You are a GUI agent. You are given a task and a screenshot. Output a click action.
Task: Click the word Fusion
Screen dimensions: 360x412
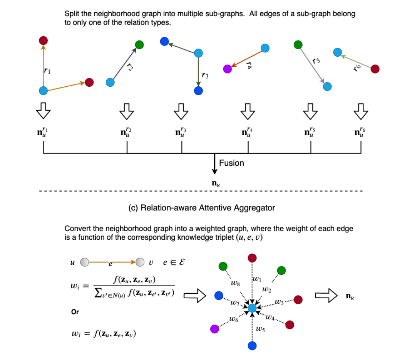(x=231, y=163)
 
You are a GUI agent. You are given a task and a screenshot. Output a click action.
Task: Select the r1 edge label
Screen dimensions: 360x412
(x=47, y=71)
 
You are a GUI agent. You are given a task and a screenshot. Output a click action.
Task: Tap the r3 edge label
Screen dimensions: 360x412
(x=205, y=76)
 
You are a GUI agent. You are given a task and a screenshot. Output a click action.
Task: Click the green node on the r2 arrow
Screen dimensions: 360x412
(x=139, y=45)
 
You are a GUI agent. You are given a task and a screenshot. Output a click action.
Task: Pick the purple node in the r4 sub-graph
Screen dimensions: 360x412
(x=228, y=69)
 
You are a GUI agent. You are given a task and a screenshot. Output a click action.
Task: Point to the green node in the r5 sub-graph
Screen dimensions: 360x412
(x=298, y=45)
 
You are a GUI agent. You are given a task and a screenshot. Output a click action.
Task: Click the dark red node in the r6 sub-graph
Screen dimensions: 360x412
(x=375, y=69)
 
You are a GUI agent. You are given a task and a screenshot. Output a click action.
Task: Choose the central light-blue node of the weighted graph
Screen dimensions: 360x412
(x=252, y=308)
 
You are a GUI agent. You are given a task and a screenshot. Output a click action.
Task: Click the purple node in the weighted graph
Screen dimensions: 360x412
(x=214, y=328)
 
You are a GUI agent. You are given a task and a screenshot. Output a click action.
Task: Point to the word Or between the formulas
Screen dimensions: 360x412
(x=75, y=312)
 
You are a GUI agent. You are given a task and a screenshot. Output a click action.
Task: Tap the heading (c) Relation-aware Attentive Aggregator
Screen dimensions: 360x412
(x=201, y=208)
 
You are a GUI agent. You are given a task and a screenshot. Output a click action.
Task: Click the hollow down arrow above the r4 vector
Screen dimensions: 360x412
(x=248, y=111)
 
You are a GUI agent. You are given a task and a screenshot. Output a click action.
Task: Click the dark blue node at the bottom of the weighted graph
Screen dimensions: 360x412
(x=252, y=345)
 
